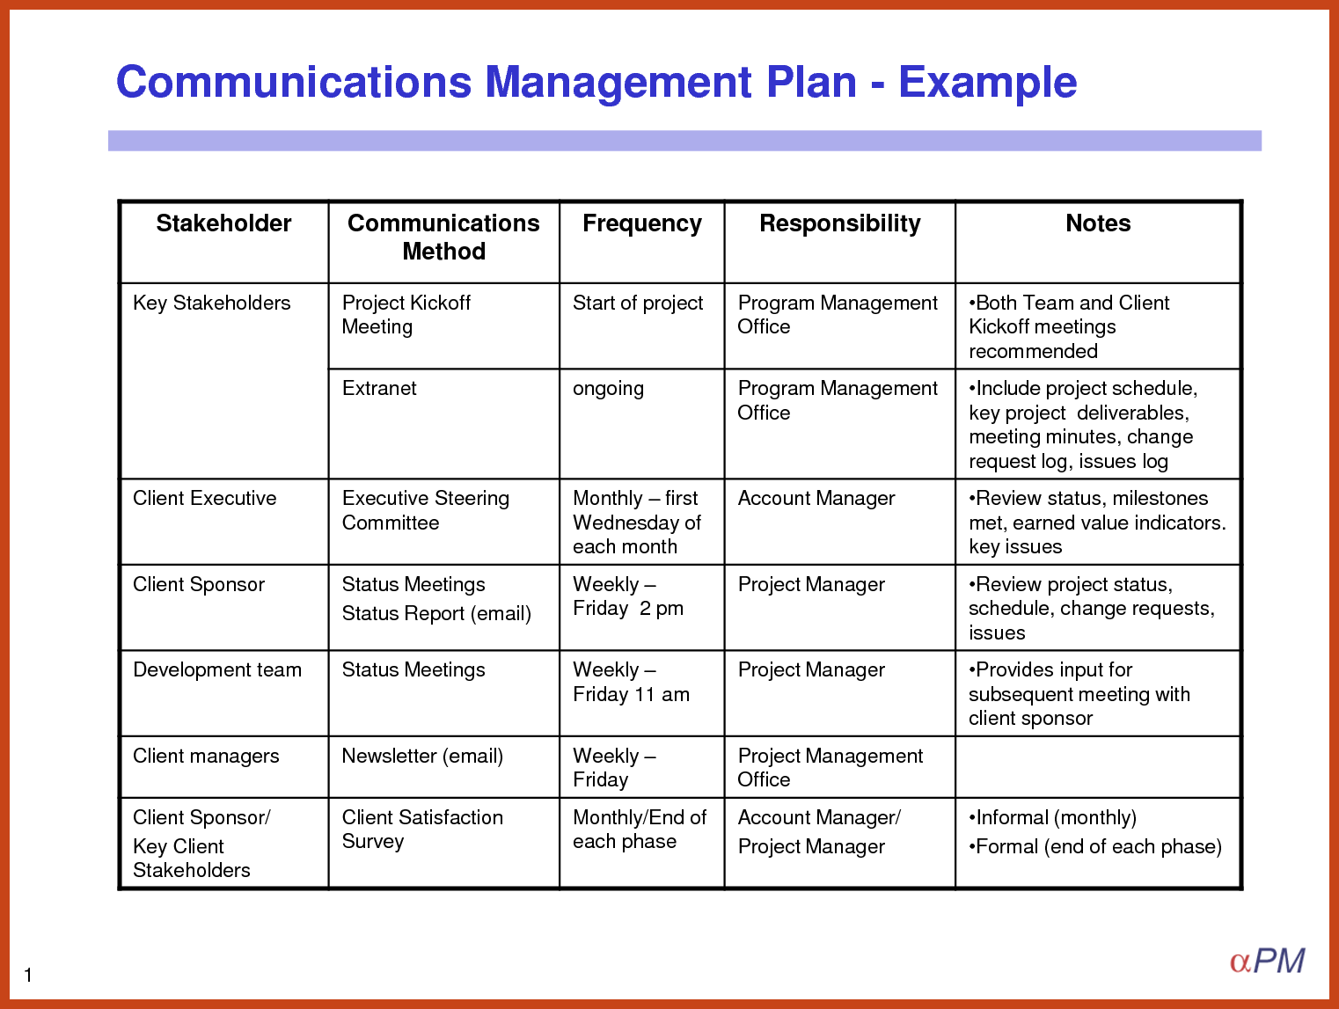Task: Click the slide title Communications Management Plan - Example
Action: click(x=596, y=82)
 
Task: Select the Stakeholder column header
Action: click(x=223, y=223)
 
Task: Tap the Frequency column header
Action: click(x=642, y=223)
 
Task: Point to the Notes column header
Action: click(x=1098, y=223)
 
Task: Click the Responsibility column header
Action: click(x=839, y=223)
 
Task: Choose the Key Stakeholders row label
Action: click(x=211, y=303)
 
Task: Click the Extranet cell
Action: click(x=379, y=388)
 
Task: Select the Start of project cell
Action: click(x=638, y=303)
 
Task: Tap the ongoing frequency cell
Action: click(x=608, y=388)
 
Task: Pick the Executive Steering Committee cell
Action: click(x=426, y=510)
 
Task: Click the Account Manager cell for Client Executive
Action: click(x=816, y=498)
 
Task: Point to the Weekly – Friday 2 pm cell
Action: click(x=627, y=596)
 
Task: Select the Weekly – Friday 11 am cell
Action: click(x=631, y=682)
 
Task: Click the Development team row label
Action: click(x=217, y=669)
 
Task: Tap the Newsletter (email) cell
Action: click(x=422, y=756)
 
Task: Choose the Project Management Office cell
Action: click(x=830, y=767)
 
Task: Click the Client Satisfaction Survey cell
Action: click(x=422, y=829)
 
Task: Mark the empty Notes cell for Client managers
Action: click(x=1098, y=767)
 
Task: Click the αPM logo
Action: click(x=1267, y=961)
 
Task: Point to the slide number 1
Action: click(x=28, y=975)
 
